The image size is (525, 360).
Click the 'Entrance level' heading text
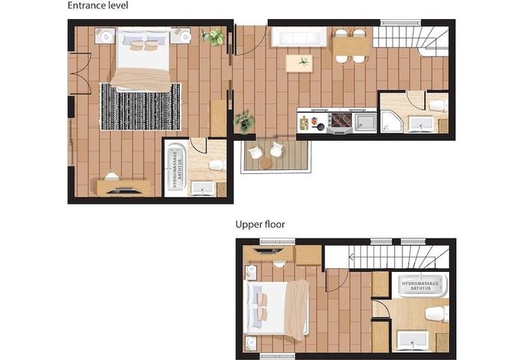(x=98, y=5)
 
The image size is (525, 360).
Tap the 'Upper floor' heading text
(x=260, y=224)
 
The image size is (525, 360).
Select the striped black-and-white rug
(x=140, y=106)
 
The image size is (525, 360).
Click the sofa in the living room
(x=298, y=37)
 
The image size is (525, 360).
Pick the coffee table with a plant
(x=299, y=64)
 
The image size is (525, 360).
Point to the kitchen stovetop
(x=340, y=121)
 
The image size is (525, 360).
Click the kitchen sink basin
(x=366, y=121)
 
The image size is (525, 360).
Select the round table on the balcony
(x=266, y=163)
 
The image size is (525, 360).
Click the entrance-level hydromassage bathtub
(x=176, y=170)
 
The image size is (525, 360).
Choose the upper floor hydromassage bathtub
(x=420, y=285)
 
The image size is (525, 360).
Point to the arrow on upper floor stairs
(x=351, y=257)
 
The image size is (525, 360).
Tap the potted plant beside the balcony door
(x=244, y=121)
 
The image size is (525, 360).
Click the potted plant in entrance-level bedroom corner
(x=212, y=37)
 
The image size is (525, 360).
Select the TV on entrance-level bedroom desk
(x=123, y=191)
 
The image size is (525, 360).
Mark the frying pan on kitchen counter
(x=318, y=126)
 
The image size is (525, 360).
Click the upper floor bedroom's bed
(x=278, y=308)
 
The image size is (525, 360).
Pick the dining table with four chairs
(x=351, y=46)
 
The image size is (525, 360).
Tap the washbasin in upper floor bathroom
(x=412, y=340)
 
